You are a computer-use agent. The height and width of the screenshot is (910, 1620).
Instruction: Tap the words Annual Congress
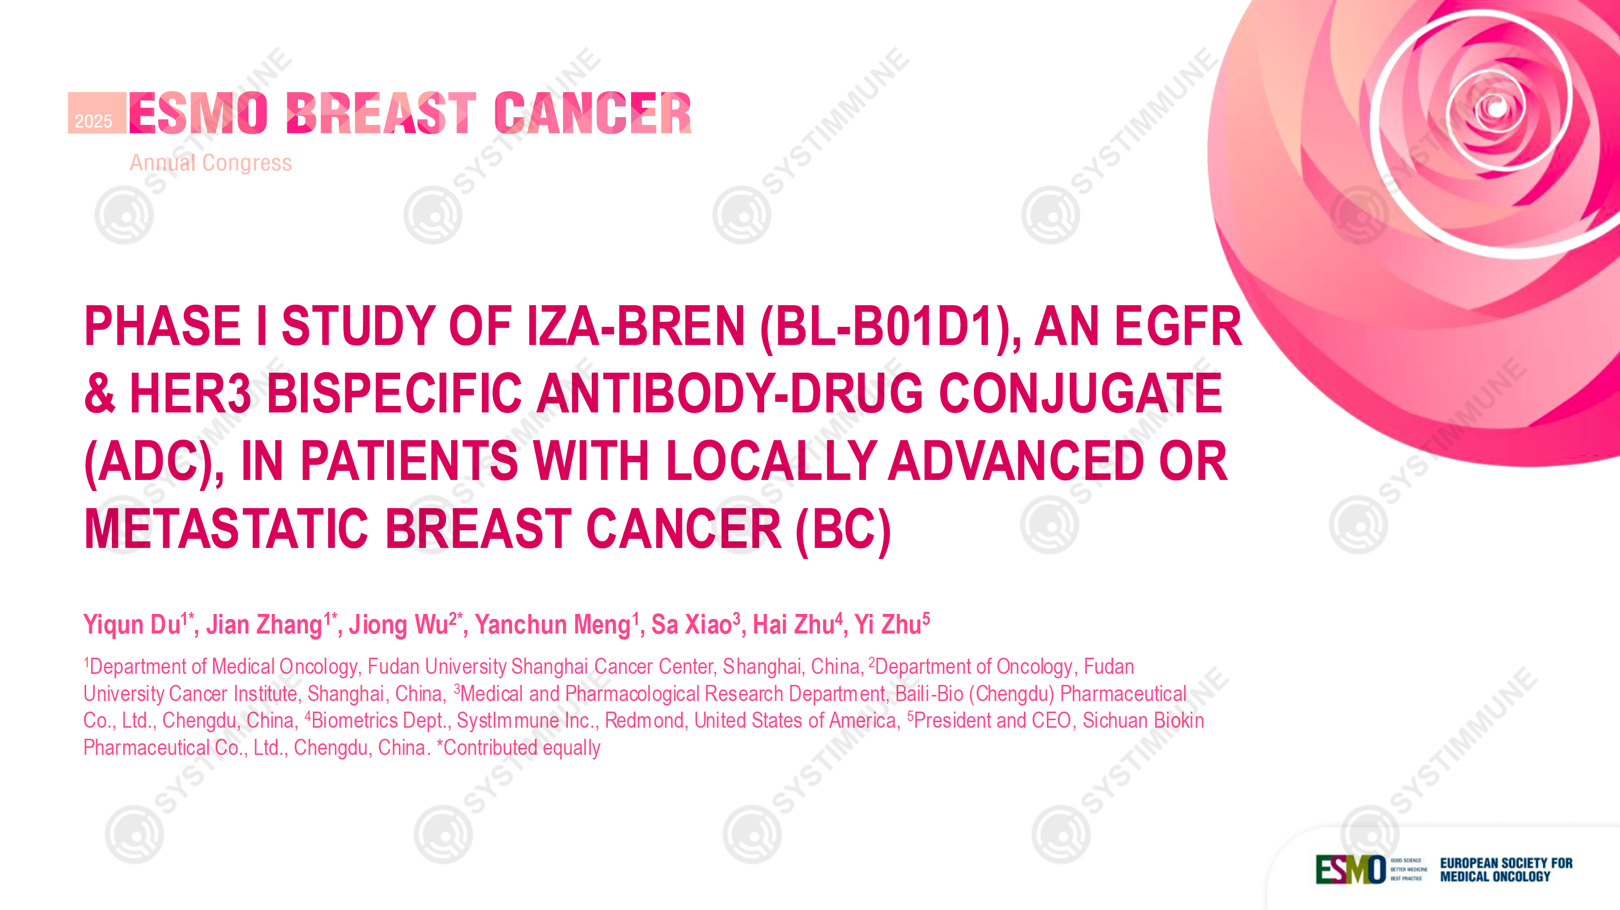click(211, 163)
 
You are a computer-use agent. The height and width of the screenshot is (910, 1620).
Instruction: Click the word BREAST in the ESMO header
click(381, 113)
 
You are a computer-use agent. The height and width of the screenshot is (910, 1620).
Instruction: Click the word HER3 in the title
click(190, 393)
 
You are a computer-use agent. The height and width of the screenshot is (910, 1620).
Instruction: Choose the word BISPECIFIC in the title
click(394, 393)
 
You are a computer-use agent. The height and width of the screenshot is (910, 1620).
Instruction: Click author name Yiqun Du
click(132, 624)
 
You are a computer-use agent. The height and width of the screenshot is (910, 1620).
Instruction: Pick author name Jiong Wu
click(398, 624)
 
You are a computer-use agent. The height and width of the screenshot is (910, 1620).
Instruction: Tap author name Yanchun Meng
click(553, 624)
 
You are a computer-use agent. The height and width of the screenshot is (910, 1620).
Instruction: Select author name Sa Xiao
click(691, 624)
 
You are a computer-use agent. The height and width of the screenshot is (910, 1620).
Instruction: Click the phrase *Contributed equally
click(519, 747)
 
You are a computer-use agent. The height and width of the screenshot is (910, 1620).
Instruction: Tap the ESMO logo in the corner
click(1351, 870)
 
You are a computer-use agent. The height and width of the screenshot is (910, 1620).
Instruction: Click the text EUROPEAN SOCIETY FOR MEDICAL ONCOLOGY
click(1506, 870)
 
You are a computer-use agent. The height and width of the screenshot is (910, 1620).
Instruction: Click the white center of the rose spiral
click(1497, 108)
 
